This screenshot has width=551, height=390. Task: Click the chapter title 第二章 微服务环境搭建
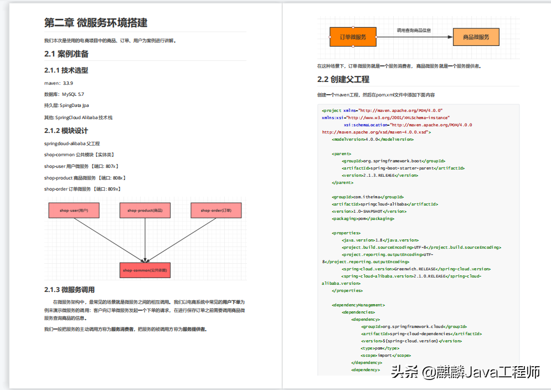[x=96, y=23]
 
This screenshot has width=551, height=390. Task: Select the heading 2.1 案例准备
[x=66, y=54]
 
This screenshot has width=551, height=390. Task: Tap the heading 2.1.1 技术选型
[x=66, y=70]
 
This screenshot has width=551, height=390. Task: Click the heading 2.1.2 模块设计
[x=66, y=131]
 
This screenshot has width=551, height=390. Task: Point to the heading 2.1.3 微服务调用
[x=69, y=289]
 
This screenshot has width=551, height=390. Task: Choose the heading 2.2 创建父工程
[x=343, y=79]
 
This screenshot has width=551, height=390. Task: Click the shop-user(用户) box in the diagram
[x=74, y=211]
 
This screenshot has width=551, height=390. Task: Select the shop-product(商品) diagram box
[x=145, y=211]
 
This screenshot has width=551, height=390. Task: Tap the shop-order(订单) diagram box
[x=216, y=211]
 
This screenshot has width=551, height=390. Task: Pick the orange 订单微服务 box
[x=353, y=37]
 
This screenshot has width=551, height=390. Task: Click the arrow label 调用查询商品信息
[x=414, y=30]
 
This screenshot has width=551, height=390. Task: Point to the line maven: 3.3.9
[x=59, y=83]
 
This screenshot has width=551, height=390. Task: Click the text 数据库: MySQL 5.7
[x=64, y=94]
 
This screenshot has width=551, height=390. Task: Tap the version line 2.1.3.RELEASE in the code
[x=380, y=175]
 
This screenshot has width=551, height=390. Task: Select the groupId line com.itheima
[x=368, y=197]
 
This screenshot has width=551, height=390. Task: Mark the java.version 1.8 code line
[x=380, y=240]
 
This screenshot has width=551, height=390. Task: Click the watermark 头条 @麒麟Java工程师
[x=465, y=372]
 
